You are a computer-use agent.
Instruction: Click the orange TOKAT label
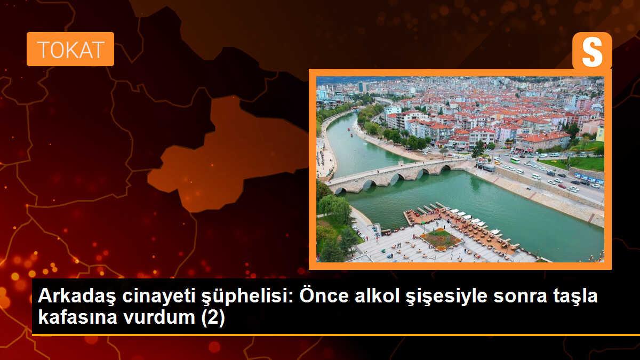(x=70, y=49)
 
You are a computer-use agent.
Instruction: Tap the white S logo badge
(x=592, y=51)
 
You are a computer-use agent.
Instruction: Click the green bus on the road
(x=515, y=159)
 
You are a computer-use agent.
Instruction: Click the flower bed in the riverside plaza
(x=441, y=239)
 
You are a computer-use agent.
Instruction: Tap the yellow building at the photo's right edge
(x=600, y=132)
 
